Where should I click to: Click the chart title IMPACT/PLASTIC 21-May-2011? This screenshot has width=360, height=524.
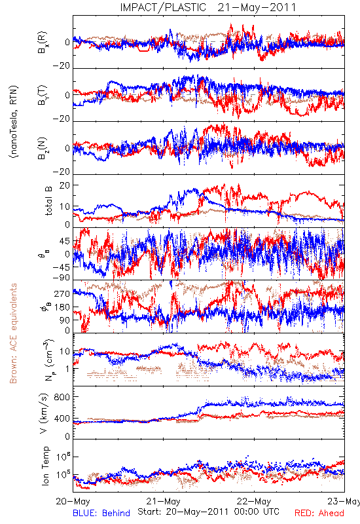(x=208, y=7)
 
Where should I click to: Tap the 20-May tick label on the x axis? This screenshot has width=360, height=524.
(x=73, y=501)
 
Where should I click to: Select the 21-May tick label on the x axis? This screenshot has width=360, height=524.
(x=163, y=501)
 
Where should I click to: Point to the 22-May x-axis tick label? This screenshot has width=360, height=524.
(x=254, y=501)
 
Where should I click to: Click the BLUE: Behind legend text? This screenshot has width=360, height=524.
(x=101, y=513)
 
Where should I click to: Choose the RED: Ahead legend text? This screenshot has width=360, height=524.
(x=319, y=513)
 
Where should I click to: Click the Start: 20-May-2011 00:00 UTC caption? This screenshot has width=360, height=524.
(x=208, y=512)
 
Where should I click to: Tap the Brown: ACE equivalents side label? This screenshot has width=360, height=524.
(x=13, y=333)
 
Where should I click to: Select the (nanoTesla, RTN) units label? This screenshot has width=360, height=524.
(x=14, y=122)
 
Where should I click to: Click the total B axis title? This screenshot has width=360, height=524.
(x=48, y=201)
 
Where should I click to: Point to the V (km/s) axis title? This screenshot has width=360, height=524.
(x=44, y=413)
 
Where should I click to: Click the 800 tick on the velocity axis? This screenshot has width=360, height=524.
(x=62, y=397)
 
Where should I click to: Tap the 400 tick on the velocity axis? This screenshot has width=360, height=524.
(x=62, y=419)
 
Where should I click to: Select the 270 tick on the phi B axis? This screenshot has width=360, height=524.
(x=62, y=293)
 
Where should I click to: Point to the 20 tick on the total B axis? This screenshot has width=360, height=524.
(x=65, y=185)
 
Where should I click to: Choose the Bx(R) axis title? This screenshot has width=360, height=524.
(x=43, y=43)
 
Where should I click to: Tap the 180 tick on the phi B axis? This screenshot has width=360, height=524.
(x=62, y=307)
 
